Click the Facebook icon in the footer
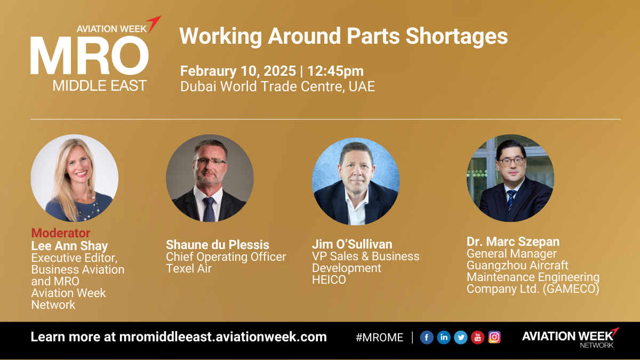[427, 338]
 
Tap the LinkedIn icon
[444, 338]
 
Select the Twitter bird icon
[461, 338]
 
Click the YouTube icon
[477, 338]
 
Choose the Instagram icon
[494, 337]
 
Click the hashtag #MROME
[379, 338]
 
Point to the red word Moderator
[61, 233]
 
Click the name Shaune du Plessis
[218, 245]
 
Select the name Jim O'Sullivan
[352, 244]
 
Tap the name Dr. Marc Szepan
[513, 242]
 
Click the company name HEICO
[329, 279]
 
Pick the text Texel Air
[189, 269]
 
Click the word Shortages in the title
[457, 36]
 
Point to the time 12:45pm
[335, 71]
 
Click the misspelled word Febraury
[208, 71]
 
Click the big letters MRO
[90, 55]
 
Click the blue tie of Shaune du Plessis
[209, 209]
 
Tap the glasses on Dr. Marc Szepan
[511, 162]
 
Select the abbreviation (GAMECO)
[571, 289]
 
